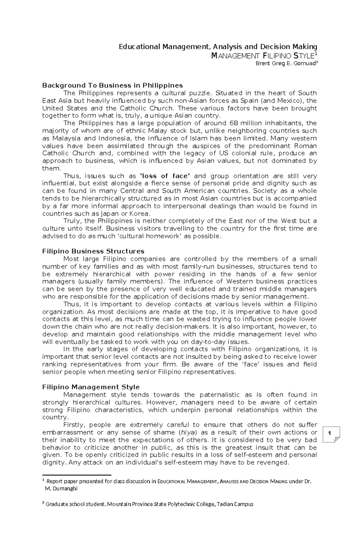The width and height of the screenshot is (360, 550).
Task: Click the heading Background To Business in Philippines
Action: point(112,85)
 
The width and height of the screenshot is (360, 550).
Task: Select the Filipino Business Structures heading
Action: point(93,251)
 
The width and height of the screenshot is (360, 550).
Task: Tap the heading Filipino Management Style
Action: point(91,387)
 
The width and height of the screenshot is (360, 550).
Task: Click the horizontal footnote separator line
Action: point(77,475)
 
